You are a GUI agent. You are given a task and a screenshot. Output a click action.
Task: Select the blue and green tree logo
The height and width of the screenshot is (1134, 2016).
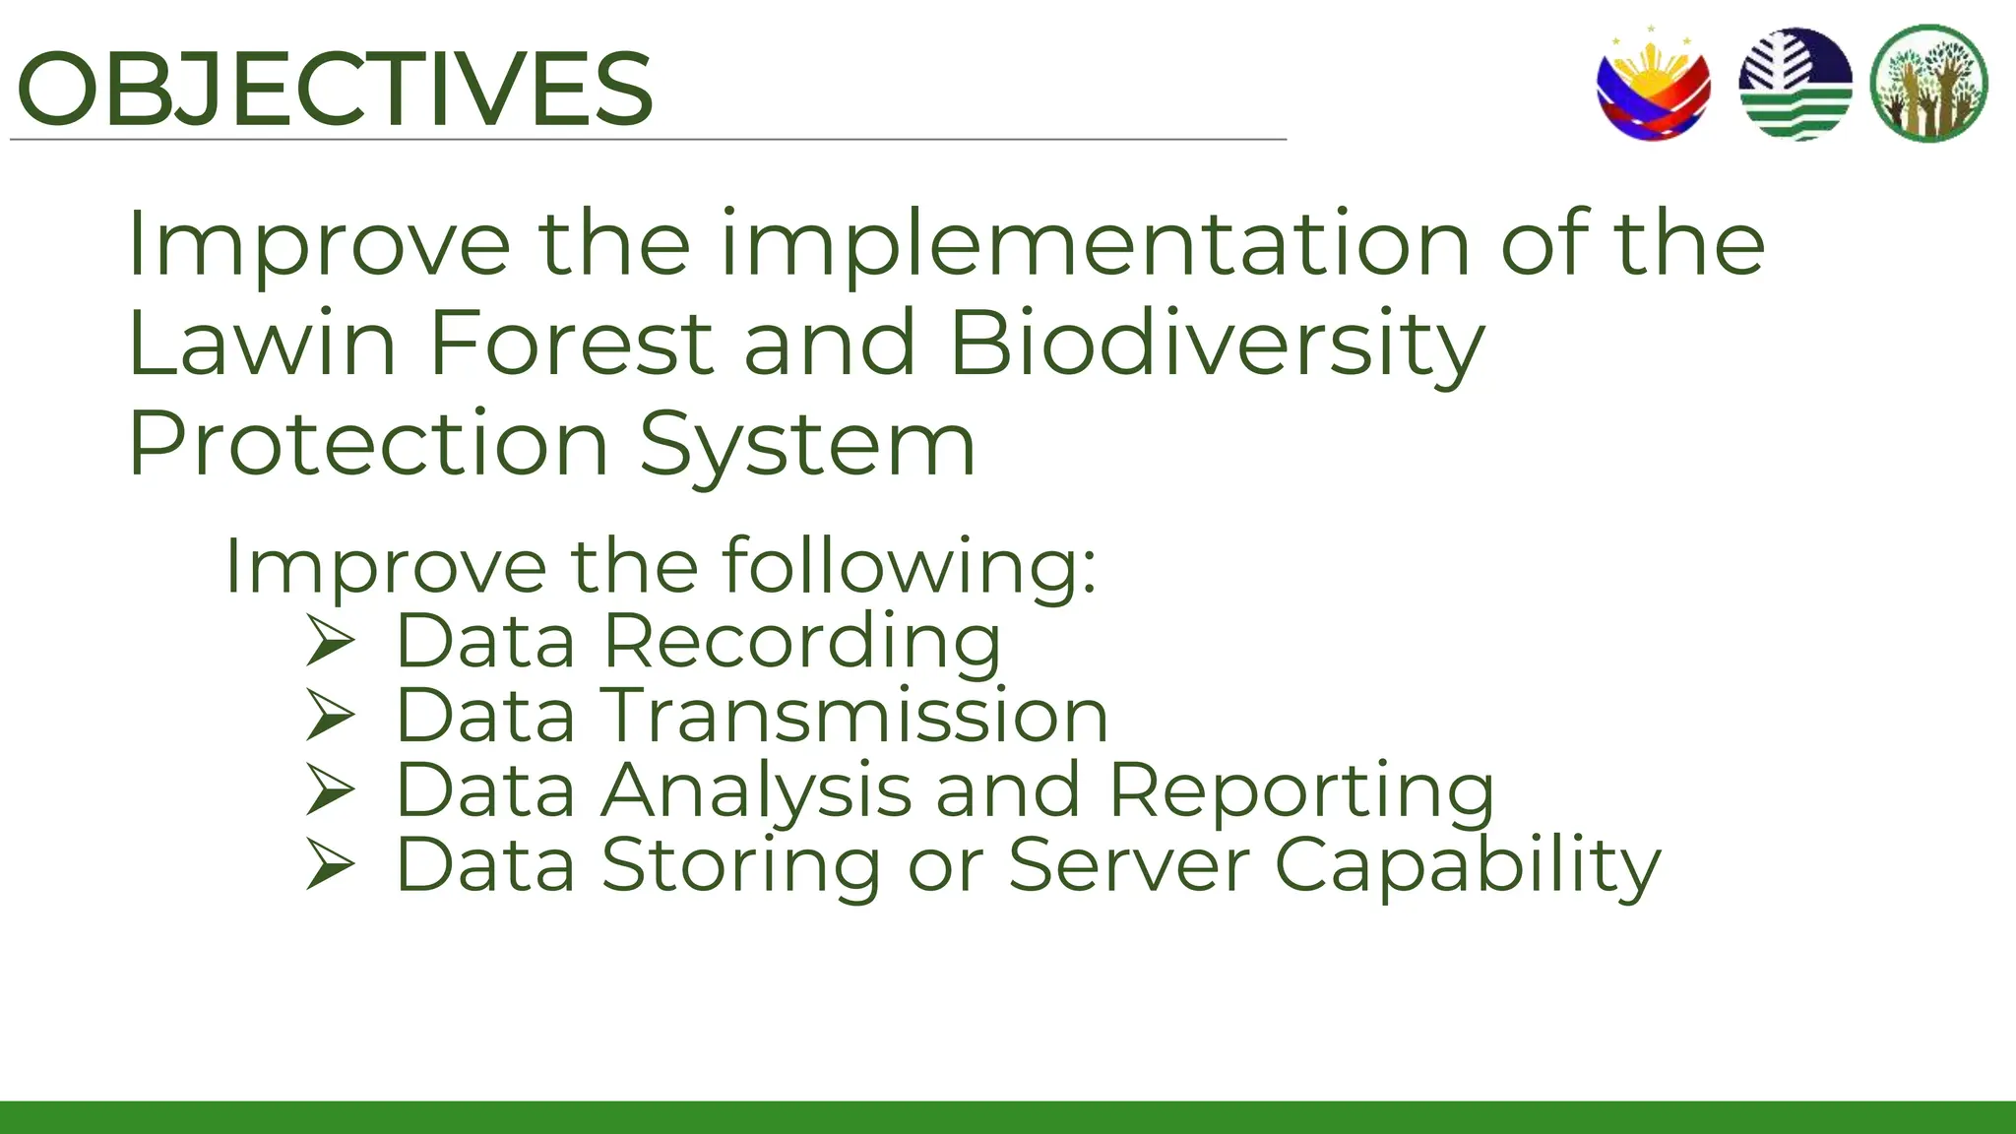point(1795,85)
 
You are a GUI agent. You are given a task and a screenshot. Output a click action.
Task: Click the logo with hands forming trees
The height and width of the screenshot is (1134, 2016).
point(1928,85)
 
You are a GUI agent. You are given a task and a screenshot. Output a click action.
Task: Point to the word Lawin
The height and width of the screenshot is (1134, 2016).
point(262,344)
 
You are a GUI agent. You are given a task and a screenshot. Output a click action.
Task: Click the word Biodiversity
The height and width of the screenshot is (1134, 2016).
point(1217,344)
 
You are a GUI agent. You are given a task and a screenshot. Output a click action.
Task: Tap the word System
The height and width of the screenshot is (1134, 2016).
point(807,444)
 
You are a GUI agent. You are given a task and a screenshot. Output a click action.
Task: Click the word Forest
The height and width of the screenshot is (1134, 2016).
point(571,344)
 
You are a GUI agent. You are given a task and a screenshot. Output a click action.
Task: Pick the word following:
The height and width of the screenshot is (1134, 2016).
point(909,567)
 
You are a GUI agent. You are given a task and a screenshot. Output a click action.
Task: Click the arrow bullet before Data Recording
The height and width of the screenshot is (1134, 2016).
point(329,641)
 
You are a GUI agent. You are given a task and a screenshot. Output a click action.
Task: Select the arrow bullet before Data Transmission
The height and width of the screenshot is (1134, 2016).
point(329,716)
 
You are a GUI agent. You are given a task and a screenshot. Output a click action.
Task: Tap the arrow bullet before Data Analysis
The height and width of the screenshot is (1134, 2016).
point(329,790)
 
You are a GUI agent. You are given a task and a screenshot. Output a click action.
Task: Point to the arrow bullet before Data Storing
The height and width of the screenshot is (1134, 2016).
point(329,865)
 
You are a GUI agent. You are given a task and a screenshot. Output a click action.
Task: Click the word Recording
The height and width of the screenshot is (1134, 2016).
point(801,642)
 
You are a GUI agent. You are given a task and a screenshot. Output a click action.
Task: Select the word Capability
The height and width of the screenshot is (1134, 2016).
point(1467,865)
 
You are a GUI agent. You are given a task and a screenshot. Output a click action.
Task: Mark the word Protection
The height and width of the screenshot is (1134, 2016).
point(368,444)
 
